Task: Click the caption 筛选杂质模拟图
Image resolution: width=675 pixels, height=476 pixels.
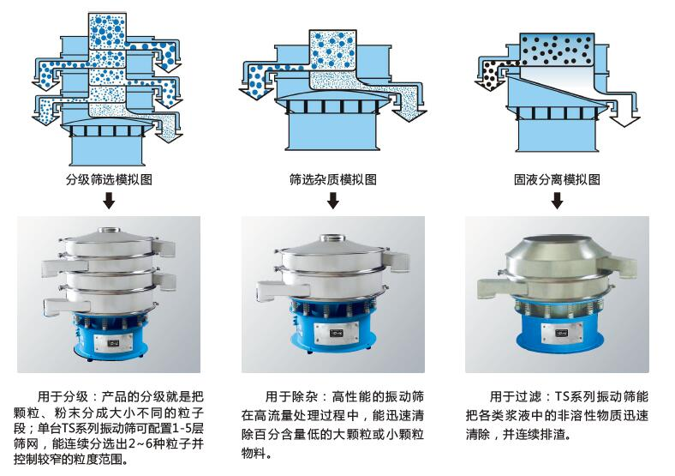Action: tap(333, 180)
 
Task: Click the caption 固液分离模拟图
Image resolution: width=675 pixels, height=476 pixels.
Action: tap(557, 180)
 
